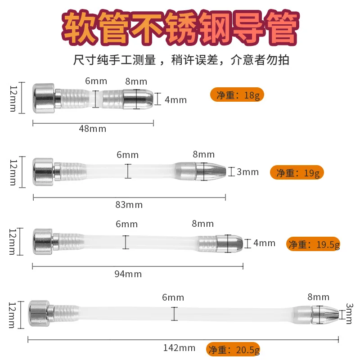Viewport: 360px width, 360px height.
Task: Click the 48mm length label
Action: coord(93,129)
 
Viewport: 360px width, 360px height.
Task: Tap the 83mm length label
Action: coord(129,205)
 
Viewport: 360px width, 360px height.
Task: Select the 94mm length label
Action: coord(128,274)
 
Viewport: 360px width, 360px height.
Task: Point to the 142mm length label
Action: coord(179,348)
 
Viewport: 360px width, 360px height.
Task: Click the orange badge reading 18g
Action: coord(237,94)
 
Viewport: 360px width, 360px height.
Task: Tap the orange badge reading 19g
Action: coord(297,172)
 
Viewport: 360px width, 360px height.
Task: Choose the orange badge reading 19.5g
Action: coord(313,244)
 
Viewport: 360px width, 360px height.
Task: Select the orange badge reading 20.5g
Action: coord(233,350)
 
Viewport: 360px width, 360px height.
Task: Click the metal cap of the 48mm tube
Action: coord(44,98)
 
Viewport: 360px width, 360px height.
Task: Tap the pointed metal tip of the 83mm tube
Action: coord(211,171)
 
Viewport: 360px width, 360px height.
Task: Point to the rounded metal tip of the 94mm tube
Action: coord(229,243)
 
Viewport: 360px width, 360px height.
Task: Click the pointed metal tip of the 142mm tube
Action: coord(325,315)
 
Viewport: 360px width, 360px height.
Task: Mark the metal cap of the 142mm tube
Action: coord(39,313)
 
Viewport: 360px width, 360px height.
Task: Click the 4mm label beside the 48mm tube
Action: coord(175,100)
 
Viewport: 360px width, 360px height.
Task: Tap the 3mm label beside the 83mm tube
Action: coord(248,172)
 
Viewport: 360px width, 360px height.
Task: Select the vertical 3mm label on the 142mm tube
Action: coord(349,314)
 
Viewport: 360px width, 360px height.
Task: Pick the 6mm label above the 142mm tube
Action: coord(173,297)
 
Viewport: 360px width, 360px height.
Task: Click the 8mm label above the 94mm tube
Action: coord(203,224)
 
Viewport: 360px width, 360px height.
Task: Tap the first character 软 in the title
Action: coord(79,28)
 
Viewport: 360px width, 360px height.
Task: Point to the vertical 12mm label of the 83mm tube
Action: coord(13,173)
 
